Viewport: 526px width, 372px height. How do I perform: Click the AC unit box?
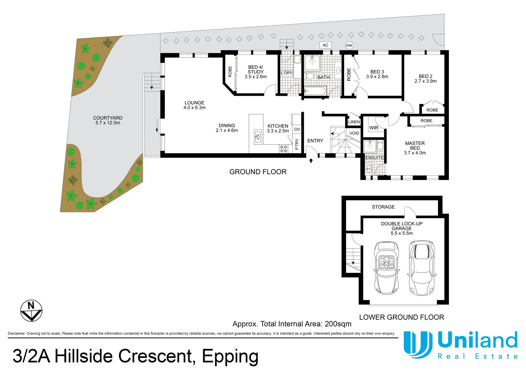pyautogui.click(x=325, y=45)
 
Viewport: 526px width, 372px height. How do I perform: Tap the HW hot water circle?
pyautogui.click(x=349, y=46)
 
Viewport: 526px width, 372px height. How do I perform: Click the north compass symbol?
pyautogui.click(x=31, y=310)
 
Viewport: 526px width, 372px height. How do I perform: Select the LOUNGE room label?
pyautogui.click(x=194, y=103)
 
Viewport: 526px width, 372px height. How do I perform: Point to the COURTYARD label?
pyautogui.click(x=108, y=118)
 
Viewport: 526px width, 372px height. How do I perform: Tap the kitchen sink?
pyautogui.click(x=258, y=137)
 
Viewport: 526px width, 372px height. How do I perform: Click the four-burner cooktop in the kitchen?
pyautogui.click(x=284, y=149)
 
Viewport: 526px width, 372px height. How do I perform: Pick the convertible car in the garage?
pyautogui.click(x=386, y=268)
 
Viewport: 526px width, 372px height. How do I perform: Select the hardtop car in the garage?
pyautogui.click(x=422, y=268)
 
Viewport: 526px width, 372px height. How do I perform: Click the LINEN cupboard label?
pyautogui.click(x=354, y=122)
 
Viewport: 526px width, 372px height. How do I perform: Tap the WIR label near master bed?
pyautogui.click(x=374, y=128)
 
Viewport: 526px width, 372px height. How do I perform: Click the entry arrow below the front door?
pyautogui.click(x=311, y=161)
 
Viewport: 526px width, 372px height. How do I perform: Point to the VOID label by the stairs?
pyautogui.click(x=354, y=133)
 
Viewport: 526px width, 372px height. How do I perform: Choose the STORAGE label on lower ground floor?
pyautogui.click(x=383, y=207)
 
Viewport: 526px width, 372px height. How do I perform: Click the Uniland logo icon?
pyautogui.click(x=418, y=345)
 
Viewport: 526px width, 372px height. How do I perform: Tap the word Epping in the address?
pyautogui.click(x=230, y=357)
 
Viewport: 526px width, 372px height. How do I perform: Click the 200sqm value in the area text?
pyautogui.click(x=338, y=324)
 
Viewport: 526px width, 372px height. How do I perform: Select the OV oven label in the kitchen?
pyautogui.click(x=297, y=129)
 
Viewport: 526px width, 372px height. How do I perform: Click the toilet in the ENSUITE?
pyautogui.click(x=380, y=146)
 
